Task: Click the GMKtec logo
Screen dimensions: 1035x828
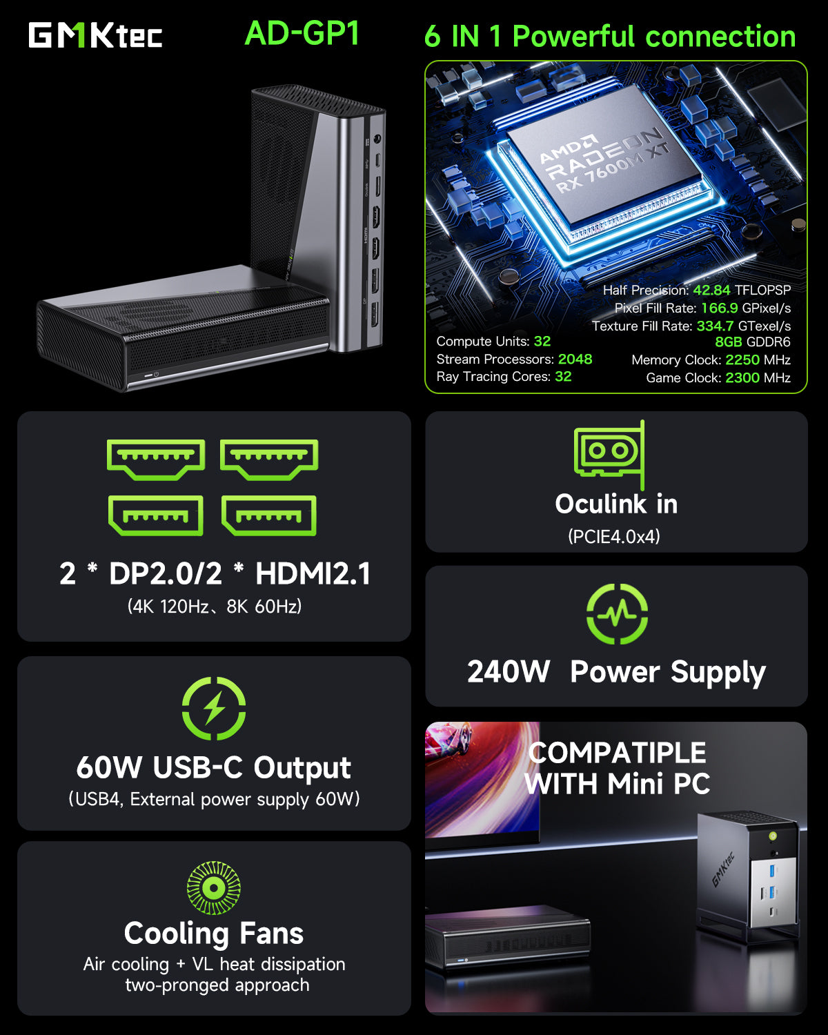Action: [95, 35]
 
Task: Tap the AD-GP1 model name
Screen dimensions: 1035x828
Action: [302, 33]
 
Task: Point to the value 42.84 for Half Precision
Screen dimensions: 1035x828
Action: [711, 290]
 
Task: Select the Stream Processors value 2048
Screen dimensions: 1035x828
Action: [575, 359]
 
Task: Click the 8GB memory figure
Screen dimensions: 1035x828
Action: [728, 342]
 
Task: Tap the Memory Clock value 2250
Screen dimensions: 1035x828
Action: [742, 360]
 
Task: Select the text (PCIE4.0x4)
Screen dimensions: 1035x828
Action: [614, 537]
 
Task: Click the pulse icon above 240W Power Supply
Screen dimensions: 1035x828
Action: [617, 613]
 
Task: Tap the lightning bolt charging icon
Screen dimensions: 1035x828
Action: [214, 709]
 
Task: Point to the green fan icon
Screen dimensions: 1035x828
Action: [214, 888]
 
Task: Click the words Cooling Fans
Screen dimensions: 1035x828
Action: [214, 934]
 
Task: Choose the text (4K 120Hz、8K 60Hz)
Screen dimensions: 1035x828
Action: [215, 607]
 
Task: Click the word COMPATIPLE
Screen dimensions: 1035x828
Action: [617, 753]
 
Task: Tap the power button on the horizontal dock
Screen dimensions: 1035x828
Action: [156, 375]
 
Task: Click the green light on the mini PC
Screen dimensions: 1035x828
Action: [773, 836]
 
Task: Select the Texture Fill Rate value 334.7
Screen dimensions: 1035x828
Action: [715, 326]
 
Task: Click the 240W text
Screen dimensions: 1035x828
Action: [509, 672]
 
